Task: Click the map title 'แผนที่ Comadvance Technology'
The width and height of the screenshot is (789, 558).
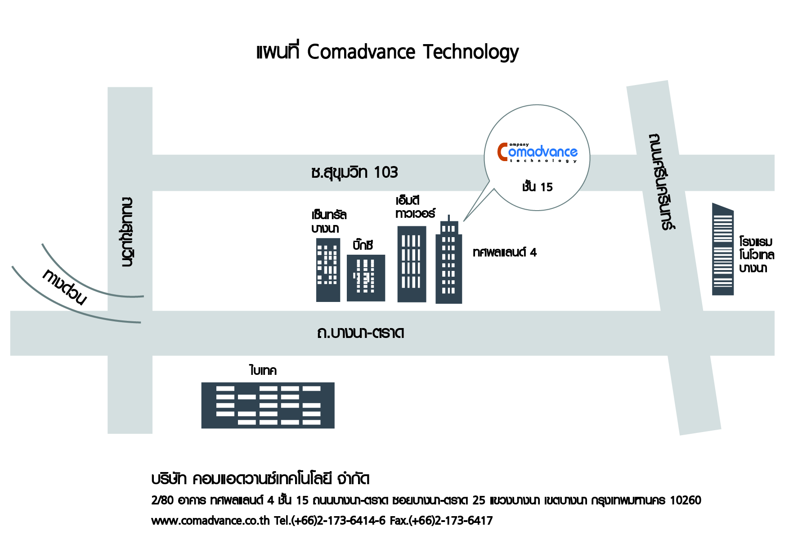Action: [387, 52]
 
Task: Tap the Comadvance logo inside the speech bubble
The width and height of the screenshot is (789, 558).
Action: [538, 153]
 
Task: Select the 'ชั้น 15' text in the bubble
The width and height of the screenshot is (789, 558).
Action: [537, 187]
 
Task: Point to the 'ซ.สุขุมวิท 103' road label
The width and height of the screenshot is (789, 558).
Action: [354, 172]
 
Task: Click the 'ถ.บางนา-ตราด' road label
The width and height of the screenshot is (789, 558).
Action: [361, 333]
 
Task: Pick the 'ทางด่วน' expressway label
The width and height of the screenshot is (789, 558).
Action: [64, 287]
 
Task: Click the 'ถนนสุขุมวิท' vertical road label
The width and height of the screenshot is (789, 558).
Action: [127, 232]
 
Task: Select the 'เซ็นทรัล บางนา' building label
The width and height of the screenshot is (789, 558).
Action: [329, 220]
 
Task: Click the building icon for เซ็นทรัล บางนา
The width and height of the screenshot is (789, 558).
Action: [328, 270]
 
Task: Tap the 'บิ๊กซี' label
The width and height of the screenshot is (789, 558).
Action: [363, 245]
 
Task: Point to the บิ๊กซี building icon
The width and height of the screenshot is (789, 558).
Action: [366, 278]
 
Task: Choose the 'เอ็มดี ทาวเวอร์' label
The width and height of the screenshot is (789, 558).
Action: [415, 207]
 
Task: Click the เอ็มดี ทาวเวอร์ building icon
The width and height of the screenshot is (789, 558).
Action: [412, 264]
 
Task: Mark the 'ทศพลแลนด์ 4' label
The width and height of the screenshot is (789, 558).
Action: [505, 252]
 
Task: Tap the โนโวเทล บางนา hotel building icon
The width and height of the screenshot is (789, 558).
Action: [723, 249]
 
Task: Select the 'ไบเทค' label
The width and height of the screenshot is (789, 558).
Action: [263, 370]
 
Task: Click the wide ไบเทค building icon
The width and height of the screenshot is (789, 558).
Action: [268, 405]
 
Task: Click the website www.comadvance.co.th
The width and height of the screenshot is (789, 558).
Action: [211, 521]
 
